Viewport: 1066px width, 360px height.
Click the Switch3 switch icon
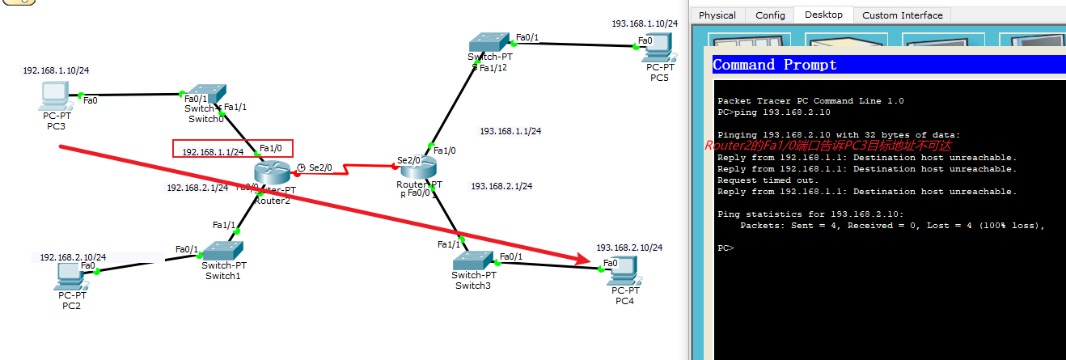point(472,260)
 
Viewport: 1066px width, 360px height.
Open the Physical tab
point(717,15)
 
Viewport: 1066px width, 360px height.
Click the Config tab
point(770,15)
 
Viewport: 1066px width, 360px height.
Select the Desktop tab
point(823,15)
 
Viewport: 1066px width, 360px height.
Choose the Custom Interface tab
point(902,15)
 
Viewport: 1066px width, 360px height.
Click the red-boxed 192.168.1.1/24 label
point(213,151)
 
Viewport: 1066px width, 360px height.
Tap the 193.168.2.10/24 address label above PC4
point(629,248)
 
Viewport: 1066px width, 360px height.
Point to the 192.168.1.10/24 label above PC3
point(56,70)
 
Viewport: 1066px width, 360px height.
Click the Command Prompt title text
point(774,65)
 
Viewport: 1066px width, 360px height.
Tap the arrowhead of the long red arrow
point(586,259)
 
